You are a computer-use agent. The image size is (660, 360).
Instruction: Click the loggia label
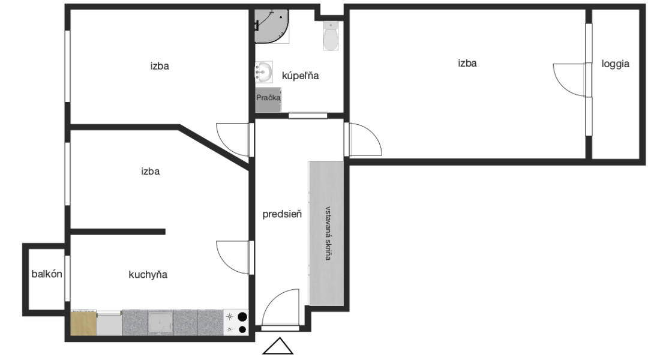pos(616,64)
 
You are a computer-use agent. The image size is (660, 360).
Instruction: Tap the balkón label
pos(47,274)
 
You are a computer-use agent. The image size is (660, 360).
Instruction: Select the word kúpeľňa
pos(300,76)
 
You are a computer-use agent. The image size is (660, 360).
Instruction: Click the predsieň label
pos(282,214)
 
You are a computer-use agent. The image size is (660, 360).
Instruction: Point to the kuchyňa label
pos(148,275)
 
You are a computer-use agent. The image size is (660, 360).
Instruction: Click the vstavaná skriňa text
pos(328,233)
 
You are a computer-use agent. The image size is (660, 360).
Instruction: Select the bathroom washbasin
pos(264,71)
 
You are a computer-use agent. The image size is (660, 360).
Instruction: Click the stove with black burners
pos(236,323)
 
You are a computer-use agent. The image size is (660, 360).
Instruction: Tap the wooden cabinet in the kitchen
pos(83,323)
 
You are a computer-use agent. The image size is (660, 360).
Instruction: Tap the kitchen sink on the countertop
pos(160,323)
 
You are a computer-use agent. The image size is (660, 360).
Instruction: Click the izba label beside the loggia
pos(467,63)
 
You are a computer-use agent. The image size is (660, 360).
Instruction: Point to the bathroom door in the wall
pos(308,115)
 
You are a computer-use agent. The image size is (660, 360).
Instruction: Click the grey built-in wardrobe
pos(326,233)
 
